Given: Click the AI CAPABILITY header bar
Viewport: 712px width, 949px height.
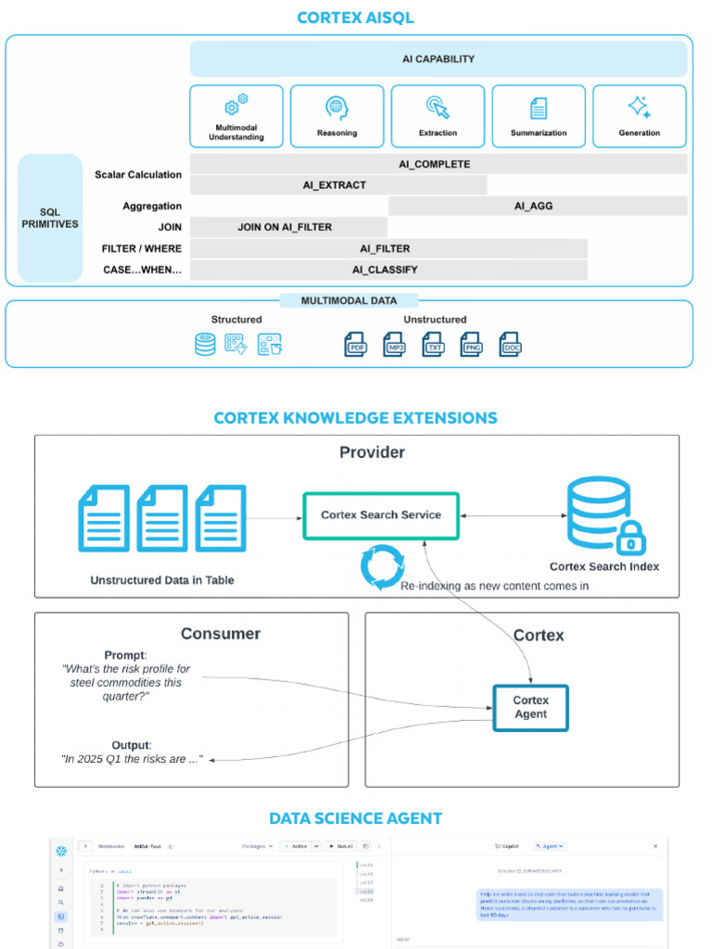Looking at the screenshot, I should (439, 58).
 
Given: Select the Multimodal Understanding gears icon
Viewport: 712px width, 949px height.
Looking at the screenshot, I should (236, 105).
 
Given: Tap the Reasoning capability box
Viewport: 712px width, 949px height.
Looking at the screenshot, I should (337, 116).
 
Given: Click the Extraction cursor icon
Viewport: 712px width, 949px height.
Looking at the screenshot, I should (438, 107).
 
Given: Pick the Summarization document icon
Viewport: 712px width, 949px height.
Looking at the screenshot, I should (539, 108).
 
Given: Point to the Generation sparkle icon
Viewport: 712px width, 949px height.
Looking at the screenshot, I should (639, 107).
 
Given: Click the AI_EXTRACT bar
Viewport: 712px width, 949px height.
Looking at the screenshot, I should (338, 185).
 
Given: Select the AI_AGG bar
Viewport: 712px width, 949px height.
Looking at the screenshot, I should (538, 206).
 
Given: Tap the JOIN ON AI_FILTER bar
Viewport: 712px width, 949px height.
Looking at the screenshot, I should (288, 227).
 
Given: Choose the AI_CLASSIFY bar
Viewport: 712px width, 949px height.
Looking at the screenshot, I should (388, 270).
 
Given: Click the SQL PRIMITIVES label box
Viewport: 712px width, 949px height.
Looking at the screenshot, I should (50, 218).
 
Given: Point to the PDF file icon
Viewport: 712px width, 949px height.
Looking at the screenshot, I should (356, 345).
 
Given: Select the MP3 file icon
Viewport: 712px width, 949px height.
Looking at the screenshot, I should (395, 345).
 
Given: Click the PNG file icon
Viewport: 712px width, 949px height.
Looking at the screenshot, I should (472, 345).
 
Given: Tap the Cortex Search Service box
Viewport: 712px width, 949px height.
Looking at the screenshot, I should (381, 515).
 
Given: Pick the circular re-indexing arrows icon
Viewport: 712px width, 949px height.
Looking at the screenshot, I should (382, 567).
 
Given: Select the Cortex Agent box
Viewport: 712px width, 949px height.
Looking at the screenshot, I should (530, 707).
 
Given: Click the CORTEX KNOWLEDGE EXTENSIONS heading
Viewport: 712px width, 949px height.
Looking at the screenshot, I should (355, 418).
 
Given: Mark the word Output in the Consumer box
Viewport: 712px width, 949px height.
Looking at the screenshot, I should (130, 745).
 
